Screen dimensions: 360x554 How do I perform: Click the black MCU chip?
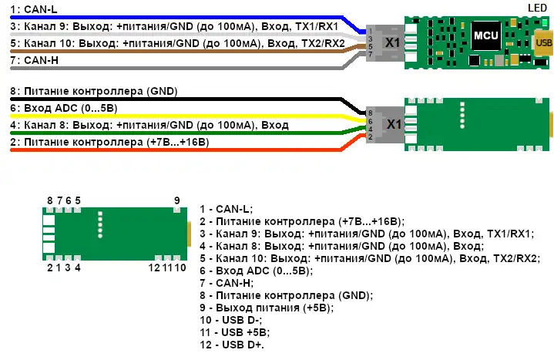click(x=485, y=35)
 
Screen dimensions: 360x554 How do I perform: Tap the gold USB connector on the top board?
click(x=544, y=42)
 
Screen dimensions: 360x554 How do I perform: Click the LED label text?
click(x=537, y=7)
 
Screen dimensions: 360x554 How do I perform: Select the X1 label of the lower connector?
click(x=393, y=124)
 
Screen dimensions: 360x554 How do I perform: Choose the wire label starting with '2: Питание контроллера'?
click(x=109, y=142)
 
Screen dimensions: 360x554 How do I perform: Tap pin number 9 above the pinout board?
click(x=177, y=200)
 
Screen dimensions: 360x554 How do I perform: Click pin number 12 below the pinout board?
click(x=155, y=267)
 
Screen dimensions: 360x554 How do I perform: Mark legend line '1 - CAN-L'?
click(x=223, y=208)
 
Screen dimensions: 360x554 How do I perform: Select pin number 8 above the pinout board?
click(x=49, y=200)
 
